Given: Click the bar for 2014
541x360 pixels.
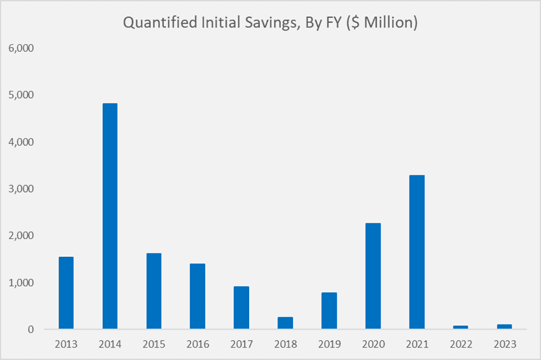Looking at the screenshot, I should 110,216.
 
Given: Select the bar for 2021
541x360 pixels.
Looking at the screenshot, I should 417,252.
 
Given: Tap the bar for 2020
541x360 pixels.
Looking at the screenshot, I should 373,276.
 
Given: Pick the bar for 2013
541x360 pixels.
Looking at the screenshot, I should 66,293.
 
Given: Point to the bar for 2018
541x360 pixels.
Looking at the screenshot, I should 285,323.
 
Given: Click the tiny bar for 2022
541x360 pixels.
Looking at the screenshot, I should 461,327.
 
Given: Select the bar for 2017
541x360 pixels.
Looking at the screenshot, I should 241,308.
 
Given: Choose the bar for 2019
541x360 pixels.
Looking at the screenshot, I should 329,311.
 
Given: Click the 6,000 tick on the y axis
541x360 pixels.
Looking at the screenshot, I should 22,48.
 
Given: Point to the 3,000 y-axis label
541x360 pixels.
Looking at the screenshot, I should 22,189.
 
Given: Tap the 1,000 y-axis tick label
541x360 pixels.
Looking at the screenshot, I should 22,283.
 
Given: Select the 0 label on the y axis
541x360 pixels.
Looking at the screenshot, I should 31,330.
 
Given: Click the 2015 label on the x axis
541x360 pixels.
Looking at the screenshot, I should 154,344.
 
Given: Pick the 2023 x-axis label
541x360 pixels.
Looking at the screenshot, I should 504,344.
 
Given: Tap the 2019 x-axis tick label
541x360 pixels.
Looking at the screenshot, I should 329,344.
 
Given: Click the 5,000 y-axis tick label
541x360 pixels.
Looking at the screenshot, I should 22,95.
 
